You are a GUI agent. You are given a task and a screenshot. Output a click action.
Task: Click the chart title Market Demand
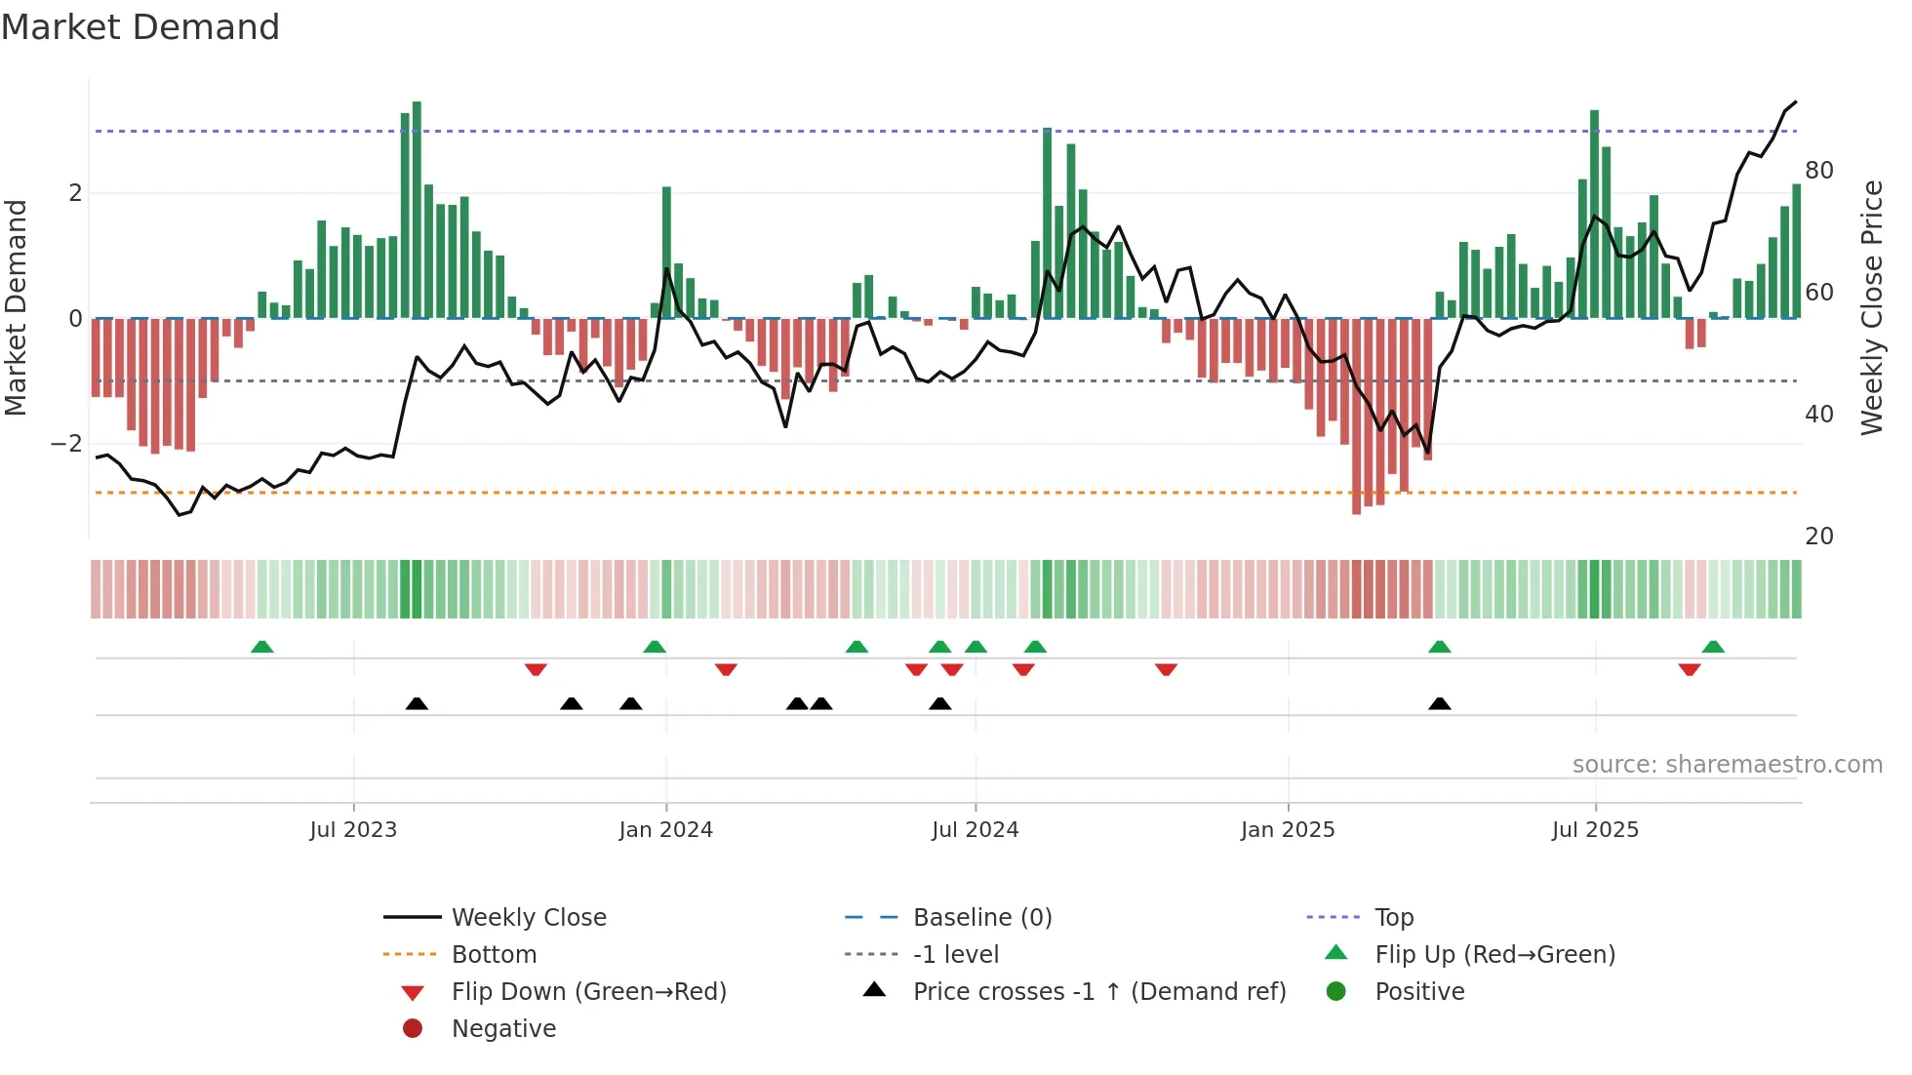(x=140, y=27)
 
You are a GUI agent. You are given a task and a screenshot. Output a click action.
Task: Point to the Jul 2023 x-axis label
(x=353, y=830)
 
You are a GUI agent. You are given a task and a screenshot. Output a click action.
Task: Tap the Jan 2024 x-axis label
(x=665, y=830)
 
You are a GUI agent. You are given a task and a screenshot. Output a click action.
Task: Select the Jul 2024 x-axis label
(x=975, y=830)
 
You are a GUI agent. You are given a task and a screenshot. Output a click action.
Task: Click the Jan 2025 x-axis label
(x=1288, y=830)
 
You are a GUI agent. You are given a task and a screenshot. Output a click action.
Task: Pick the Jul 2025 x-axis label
(x=1595, y=830)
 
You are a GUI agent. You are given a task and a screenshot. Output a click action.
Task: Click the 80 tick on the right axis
(x=1818, y=171)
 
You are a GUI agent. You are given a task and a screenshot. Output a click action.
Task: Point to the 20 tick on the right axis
(x=1818, y=537)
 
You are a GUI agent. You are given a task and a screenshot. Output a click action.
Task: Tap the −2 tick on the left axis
(x=66, y=444)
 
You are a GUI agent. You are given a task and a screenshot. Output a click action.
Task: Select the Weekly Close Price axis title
(x=1871, y=307)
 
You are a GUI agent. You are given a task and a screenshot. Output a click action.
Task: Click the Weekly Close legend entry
(x=528, y=918)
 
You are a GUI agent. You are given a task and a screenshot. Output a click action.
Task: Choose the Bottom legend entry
(x=494, y=955)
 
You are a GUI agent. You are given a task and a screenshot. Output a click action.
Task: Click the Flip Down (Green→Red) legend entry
(x=588, y=992)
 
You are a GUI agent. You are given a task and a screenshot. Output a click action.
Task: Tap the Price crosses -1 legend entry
(x=1098, y=992)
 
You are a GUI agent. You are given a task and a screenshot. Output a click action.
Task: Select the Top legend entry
(x=1393, y=918)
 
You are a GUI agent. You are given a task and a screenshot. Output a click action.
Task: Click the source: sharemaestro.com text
(x=1727, y=765)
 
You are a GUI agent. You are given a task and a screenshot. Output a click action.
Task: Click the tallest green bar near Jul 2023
(x=417, y=210)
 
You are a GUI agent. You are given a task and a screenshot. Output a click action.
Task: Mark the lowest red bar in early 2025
(x=1356, y=416)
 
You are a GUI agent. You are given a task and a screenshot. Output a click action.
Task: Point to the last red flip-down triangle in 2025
(x=1690, y=669)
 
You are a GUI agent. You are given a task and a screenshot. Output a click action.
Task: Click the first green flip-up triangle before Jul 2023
(x=261, y=647)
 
